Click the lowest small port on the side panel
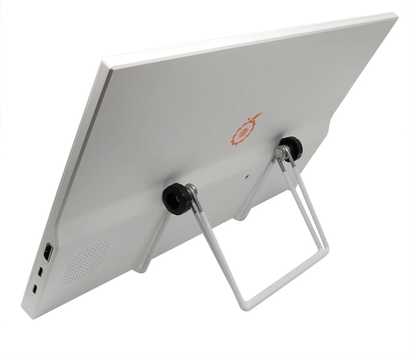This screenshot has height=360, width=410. (x=34, y=289)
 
